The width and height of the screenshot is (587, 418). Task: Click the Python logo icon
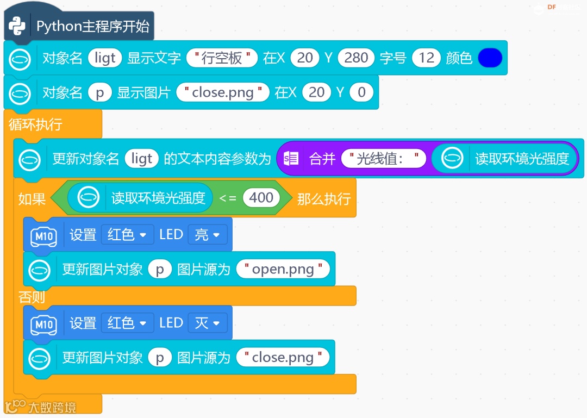[17, 26]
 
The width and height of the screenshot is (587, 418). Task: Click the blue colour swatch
[490, 58]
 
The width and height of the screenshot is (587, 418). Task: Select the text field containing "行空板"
[221, 58]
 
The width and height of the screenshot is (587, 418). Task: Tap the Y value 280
[356, 58]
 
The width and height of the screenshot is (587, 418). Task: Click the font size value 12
[426, 58]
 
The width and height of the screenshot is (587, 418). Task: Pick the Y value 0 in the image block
[361, 92]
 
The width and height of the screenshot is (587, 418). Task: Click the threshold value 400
[261, 198]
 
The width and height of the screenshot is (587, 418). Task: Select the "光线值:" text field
[384, 159]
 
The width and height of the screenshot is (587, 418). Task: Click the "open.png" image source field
[283, 269]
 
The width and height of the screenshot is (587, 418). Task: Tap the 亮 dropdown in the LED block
[207, 235]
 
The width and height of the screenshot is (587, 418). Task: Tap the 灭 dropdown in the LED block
[207, 323]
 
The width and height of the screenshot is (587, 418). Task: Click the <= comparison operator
[227, 198]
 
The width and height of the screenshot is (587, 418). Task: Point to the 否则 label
[32, 297]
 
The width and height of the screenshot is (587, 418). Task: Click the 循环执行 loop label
[35, 124]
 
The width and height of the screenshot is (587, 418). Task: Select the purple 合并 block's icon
[291, 159]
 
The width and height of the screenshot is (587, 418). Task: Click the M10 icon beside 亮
[43, 235]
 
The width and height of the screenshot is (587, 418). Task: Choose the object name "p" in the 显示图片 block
[99, 92]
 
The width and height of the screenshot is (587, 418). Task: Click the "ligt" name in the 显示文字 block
[105, 58]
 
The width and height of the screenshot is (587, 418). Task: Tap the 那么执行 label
[323, 198]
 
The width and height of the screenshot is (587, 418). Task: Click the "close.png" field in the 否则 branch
[283, 358]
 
